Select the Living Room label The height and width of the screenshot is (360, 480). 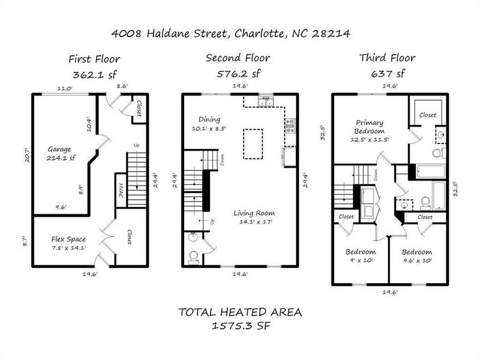254,213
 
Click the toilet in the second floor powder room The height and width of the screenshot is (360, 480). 193,257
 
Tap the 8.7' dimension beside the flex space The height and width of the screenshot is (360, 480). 25,242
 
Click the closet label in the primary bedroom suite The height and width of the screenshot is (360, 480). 427,114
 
